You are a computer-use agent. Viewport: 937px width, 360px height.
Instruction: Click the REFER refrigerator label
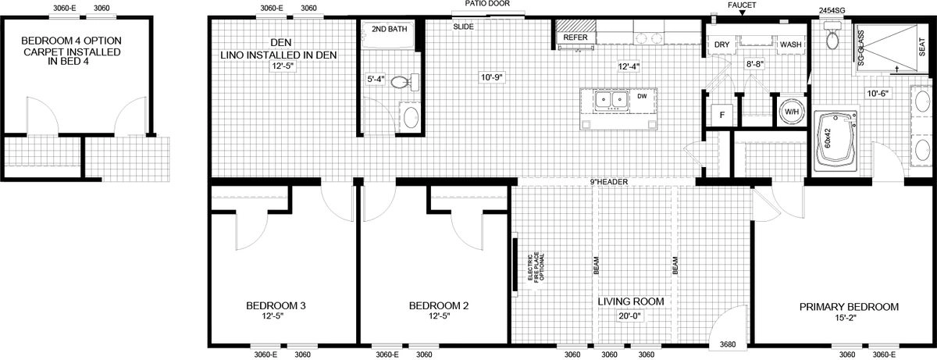575,37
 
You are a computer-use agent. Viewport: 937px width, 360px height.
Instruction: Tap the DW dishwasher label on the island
642,96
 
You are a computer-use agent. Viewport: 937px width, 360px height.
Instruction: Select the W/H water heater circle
792,112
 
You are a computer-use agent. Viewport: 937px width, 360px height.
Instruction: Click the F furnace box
722,115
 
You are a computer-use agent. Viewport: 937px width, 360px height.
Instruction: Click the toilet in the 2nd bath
404,81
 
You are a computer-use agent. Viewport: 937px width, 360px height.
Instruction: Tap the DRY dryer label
722,45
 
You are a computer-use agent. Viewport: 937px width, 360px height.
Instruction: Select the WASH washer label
790,45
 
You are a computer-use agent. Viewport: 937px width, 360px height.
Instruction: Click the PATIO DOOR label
487,4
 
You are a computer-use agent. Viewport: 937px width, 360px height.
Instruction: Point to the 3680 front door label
728,345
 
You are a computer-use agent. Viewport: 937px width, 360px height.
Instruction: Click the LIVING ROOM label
631,301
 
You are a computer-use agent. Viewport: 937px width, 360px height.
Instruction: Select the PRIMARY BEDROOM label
850,307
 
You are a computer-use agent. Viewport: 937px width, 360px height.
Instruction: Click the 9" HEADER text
609,182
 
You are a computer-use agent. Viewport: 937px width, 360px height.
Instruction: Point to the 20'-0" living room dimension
630,316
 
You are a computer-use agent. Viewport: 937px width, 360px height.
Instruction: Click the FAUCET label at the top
742,5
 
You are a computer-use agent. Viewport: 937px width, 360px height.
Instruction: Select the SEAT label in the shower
922,48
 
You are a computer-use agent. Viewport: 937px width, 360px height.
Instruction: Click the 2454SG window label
830,11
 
